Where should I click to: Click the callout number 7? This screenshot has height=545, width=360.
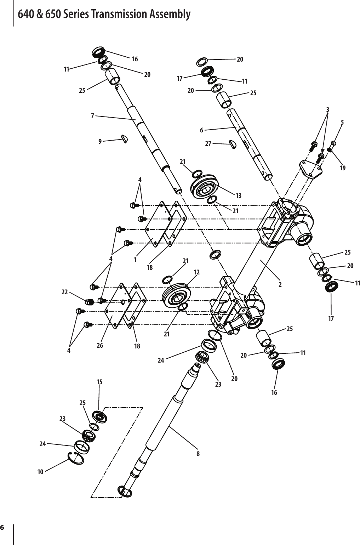(x=92, y=115)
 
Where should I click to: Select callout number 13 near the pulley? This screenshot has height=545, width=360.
(x=238, y=195)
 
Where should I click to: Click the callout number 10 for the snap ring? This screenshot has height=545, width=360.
(x=40, y=472)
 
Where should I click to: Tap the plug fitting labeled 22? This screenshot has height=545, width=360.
(x=88, y=302)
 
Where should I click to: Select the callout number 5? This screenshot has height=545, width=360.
(x=342, y=123)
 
